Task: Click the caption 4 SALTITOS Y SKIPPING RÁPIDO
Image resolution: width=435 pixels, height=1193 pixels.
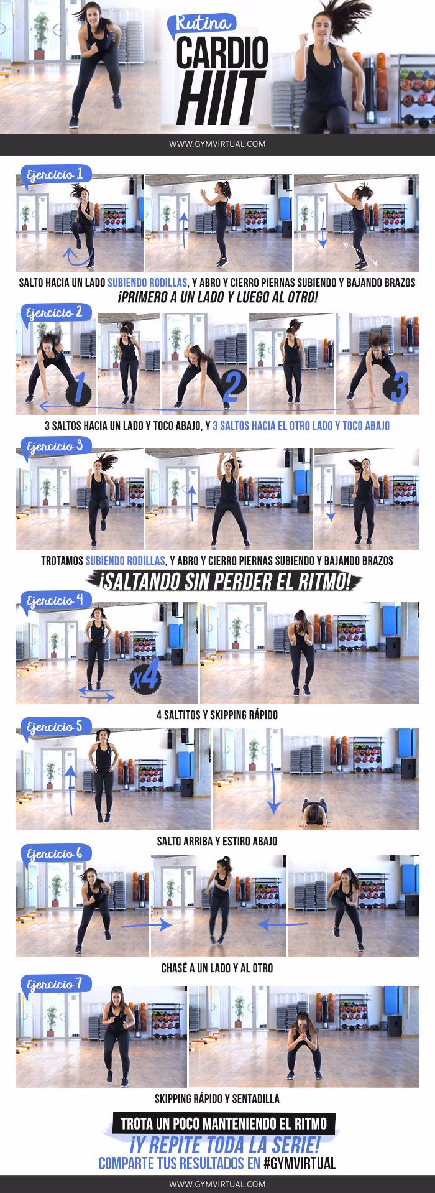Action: (x=217, y=715)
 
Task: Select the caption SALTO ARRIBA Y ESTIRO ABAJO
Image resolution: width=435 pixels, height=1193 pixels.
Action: (x=217, y=841)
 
